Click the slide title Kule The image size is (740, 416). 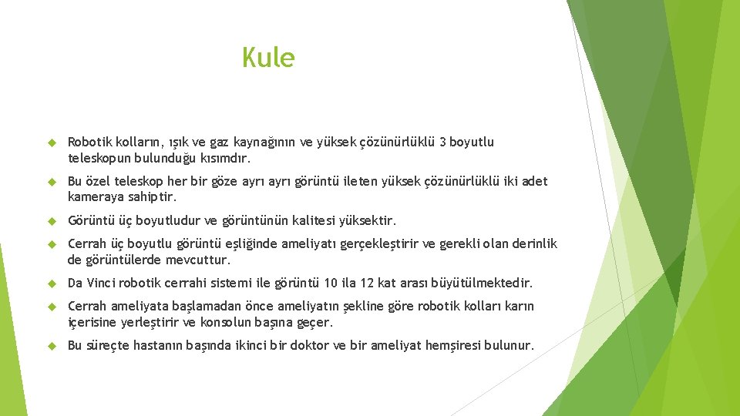(x=268, y=58)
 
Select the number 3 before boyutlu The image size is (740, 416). (x=442, y=142)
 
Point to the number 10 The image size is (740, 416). (x=331, y=283)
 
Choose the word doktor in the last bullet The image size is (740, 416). (x=309, y=345)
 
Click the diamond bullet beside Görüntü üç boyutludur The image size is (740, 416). (x=52, y=221)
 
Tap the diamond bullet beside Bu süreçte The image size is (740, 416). (x=52, y=345)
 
